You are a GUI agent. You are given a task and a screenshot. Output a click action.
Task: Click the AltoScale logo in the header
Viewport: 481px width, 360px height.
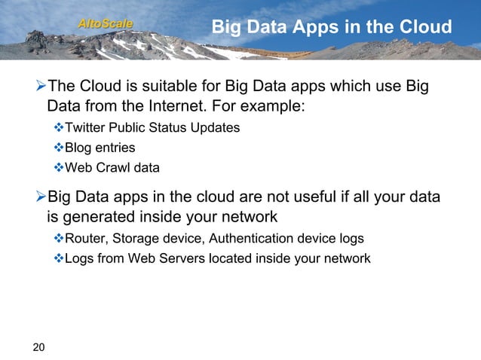[x=106, y=25]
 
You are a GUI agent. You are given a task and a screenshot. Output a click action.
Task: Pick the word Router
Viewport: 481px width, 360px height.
[x=85, y=239]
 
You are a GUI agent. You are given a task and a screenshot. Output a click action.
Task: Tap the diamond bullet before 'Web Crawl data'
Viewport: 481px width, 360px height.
[x=59, y=167]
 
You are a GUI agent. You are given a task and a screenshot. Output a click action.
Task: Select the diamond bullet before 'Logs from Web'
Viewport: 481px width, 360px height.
[x=59, y=258]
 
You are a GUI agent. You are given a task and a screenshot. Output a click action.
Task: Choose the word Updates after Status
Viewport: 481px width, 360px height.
[x=216, y=128]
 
